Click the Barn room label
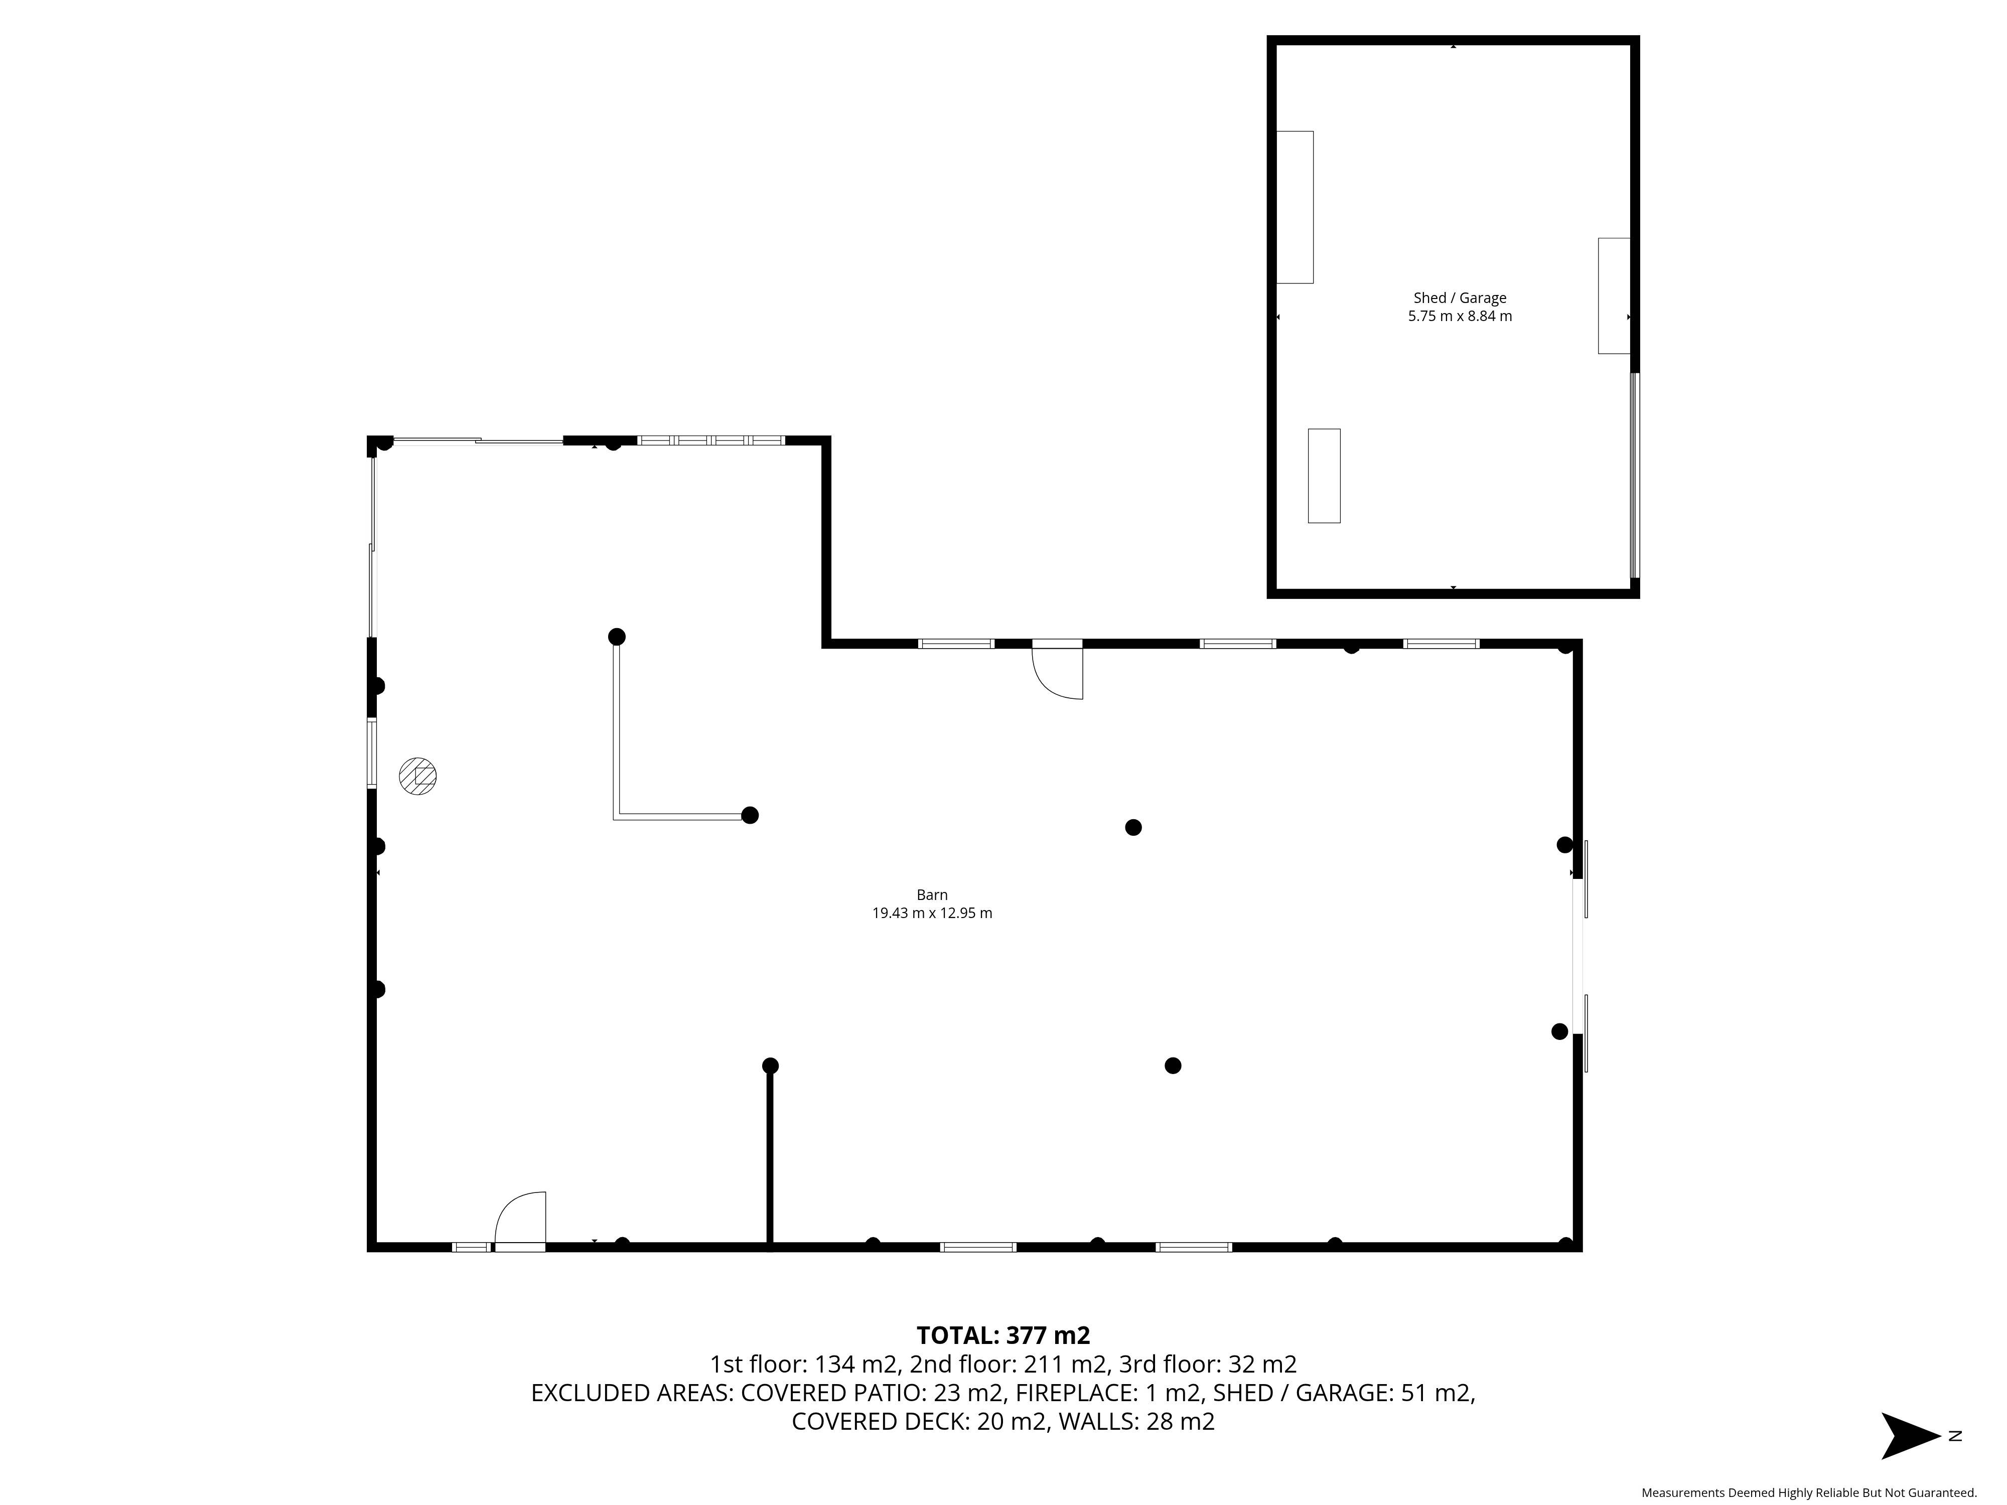[932, 894]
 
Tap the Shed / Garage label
[1460, 297]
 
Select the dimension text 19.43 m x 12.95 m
[932, 914]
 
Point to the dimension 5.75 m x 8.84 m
[1460, 317]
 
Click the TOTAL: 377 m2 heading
[1002, 1335]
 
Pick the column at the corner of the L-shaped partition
[750, 815]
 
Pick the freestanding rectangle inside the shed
[1324, 476]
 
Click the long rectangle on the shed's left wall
[1295, 207]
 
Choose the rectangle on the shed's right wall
[1614, 296]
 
